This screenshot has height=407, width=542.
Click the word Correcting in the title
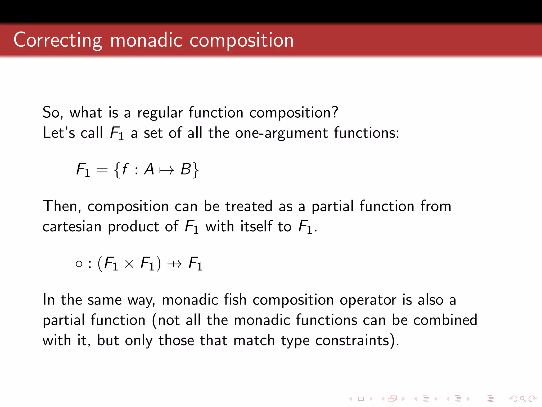[58, 40]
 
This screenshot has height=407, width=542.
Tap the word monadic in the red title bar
[146, 40]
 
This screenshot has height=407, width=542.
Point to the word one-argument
[281, 133]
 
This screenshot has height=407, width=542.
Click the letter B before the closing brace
[186, 169]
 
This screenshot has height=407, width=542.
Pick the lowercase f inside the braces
[125, 169]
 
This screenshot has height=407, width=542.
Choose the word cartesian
[72, 227]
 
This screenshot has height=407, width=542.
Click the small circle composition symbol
[79, 264]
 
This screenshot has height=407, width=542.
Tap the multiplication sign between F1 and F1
[129, 264]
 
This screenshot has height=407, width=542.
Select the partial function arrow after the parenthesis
[175, 264]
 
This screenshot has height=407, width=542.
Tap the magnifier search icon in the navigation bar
[523, 399]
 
